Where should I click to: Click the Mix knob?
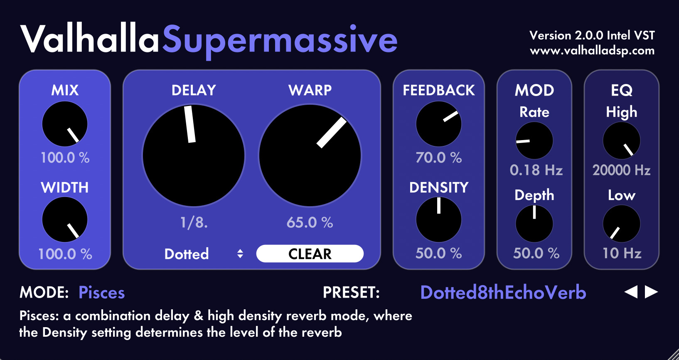[65, 124]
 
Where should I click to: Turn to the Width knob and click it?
[65, 219]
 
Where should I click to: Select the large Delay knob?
[194, 155]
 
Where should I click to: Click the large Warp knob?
[310, 155]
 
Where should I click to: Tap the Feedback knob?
[439, 124]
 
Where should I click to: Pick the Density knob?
[439, 219]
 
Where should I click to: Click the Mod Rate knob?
[534, 141]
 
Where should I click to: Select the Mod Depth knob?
[534, 224]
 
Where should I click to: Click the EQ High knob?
[622, 141]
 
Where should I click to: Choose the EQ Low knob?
[622, 224]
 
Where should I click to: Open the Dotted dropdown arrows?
[240, 254]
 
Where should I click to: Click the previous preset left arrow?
[631, 292]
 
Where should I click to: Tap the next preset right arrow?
[651, 292]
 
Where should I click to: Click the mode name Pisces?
[102, 293]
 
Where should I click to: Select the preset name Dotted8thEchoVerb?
[503, 293]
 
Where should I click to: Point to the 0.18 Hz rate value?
[536, 170]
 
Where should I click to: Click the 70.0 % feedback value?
[439, 158]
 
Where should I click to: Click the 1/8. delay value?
[194, 222]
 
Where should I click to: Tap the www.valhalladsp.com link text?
[592, 51]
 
